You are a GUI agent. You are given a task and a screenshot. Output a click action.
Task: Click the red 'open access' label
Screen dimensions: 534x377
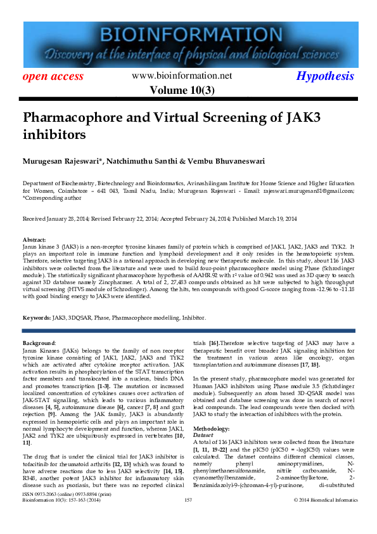tap(53, 77)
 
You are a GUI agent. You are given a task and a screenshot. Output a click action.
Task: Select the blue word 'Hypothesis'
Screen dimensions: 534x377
tap(325, 76)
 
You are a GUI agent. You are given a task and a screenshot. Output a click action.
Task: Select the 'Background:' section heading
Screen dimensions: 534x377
tap(39, 342)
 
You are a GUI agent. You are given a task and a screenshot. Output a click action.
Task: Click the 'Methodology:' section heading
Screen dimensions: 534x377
tap(212, 410)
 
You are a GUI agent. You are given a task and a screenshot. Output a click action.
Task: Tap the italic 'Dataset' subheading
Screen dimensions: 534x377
tap(203, 417)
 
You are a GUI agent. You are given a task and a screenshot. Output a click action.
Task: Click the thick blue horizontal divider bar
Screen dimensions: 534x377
tap(188, 330)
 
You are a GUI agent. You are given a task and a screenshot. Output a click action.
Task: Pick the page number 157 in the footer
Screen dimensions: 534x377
tap(188, 518)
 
